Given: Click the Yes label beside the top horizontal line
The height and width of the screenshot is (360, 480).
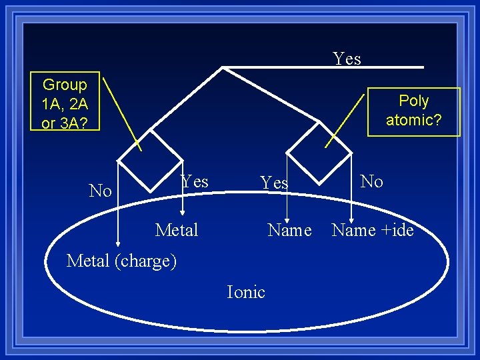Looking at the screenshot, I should pos(347,59).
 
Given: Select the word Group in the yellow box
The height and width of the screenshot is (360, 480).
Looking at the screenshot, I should pos(65,85).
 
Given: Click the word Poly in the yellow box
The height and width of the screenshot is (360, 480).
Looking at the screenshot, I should pos(413,101).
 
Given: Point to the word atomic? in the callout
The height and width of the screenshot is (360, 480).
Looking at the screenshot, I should pos(413,121).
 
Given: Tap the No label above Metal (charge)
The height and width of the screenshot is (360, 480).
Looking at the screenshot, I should pos(100,191).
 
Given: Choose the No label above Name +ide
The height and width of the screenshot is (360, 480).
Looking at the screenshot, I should pos(371,181).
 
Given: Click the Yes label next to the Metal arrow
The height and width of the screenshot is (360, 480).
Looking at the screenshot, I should pos(195,181).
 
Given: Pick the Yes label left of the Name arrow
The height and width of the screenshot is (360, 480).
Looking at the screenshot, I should pos(274,183).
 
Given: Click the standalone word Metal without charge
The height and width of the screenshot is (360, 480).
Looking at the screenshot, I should pos(177,230).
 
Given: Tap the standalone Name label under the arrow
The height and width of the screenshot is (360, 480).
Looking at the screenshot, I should pos(289,230).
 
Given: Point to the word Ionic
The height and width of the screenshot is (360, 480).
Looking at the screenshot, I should pos(246,292).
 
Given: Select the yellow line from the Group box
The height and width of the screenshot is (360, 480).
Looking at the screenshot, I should pos(123,113).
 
